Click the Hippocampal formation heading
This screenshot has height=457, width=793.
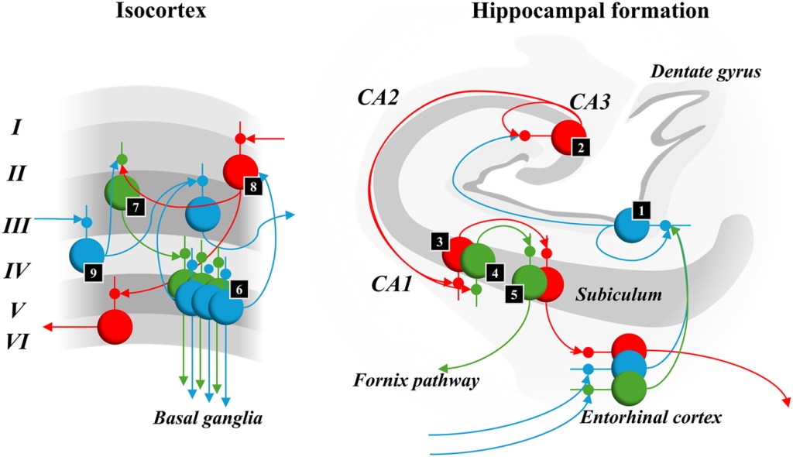573,12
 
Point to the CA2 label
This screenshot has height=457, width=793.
378,98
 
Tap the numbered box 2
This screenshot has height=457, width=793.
581,146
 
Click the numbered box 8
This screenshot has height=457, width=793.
252,186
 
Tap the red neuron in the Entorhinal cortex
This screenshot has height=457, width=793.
628,346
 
